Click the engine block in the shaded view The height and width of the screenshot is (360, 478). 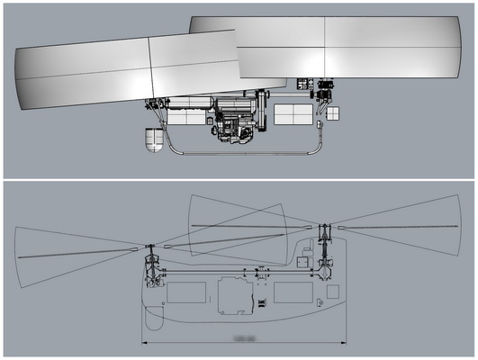[236, 121]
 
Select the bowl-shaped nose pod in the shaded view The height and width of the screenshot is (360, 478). [155, 140]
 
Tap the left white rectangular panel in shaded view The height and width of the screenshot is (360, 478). [187, 116]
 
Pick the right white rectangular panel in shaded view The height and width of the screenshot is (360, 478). [293, 114]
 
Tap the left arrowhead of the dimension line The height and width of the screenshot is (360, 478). [144, 341]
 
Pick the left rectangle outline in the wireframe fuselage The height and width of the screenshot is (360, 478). [187, 292]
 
